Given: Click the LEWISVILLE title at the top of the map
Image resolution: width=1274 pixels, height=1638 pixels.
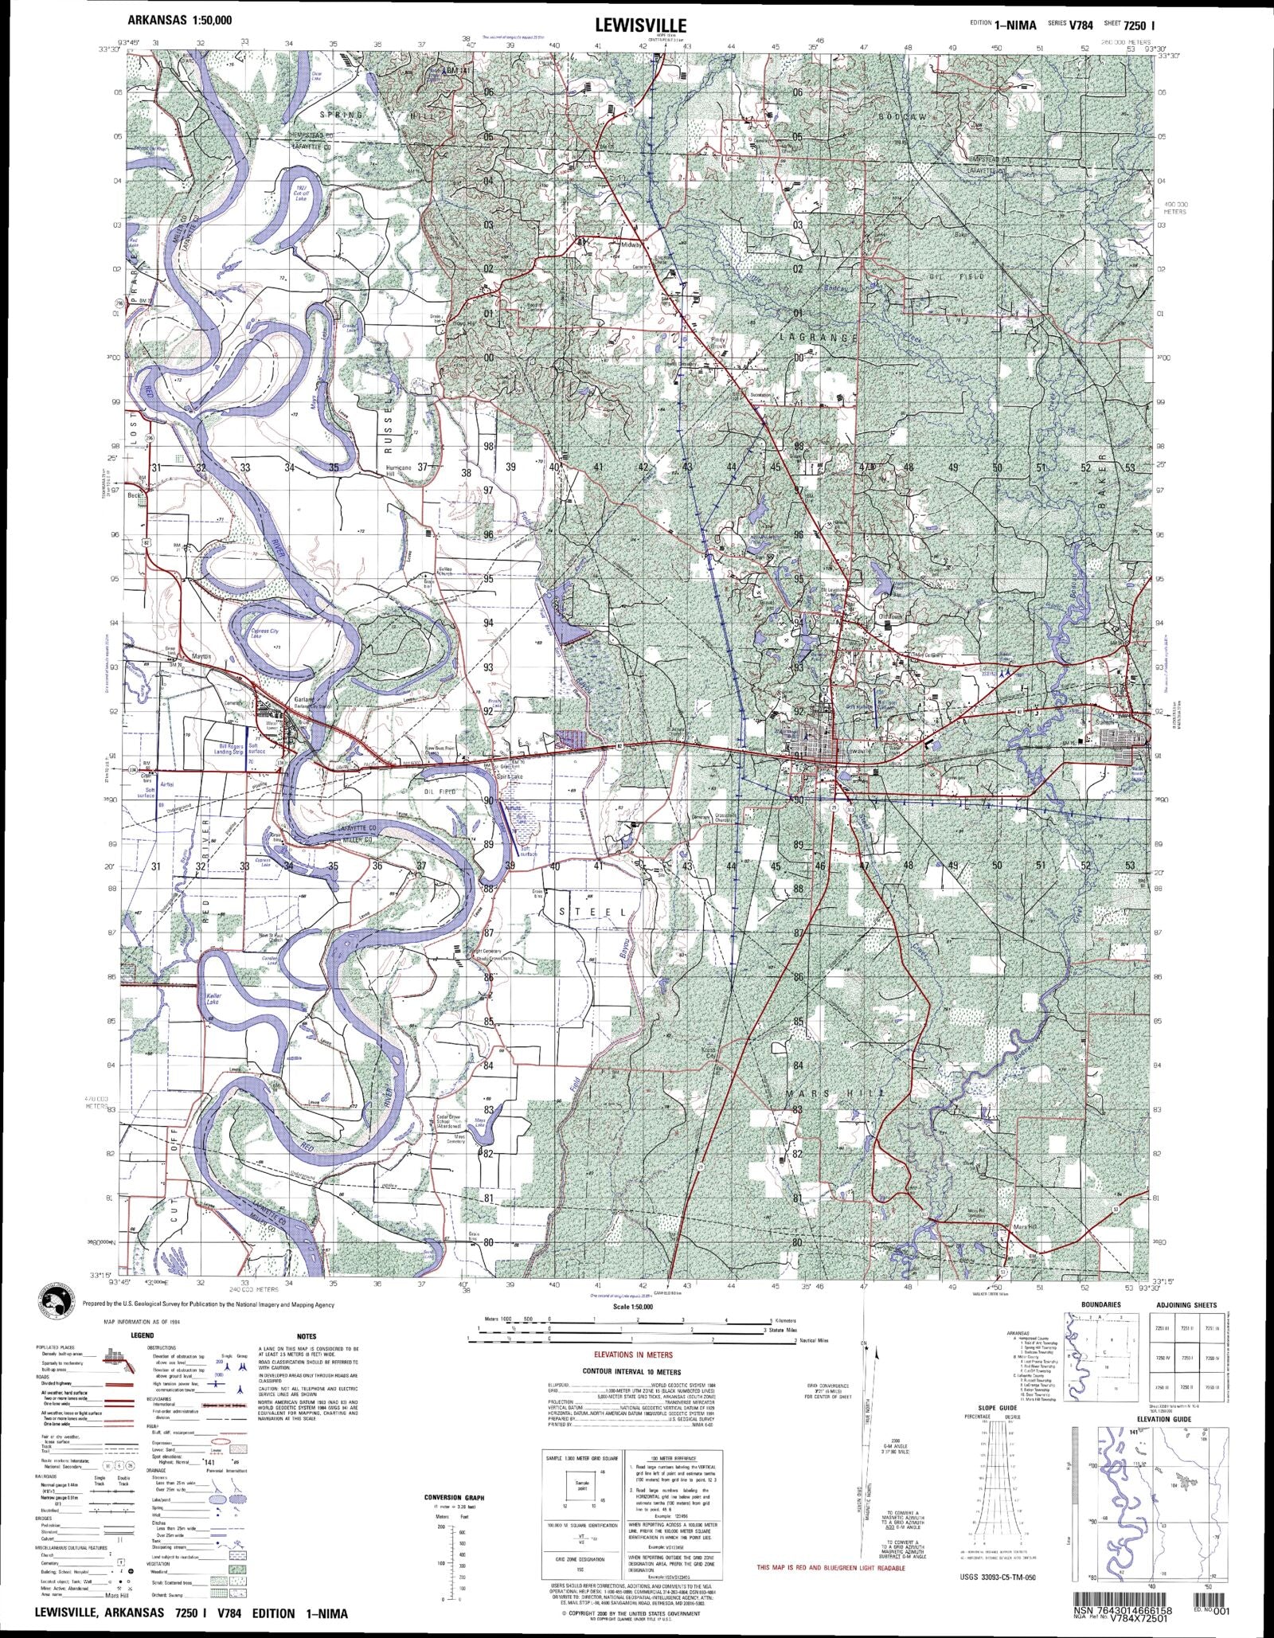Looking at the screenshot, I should (640, 25).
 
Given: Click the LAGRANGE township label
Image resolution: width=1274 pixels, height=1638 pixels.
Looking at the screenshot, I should (818, 338).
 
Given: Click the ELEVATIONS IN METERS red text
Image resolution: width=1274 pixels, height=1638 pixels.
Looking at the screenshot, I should (633, 1355).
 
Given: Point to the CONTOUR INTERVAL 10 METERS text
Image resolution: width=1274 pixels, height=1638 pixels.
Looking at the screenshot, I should (632, 1372).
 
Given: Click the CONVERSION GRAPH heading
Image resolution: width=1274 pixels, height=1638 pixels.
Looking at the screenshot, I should (454, 1498).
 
